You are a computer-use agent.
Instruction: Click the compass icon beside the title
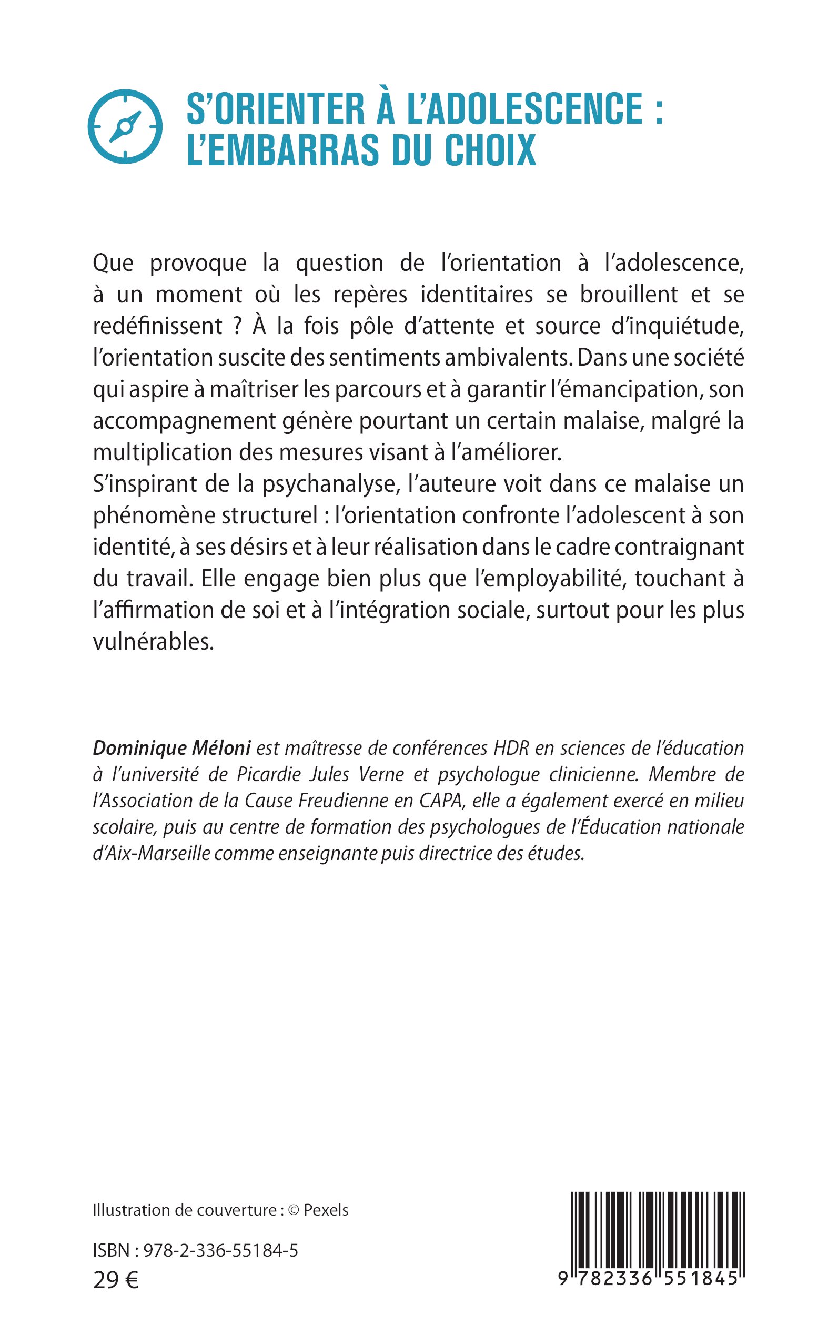click(125, 126)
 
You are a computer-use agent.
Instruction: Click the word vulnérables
click(153, 642)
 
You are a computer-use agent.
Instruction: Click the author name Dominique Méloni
click(172, 748)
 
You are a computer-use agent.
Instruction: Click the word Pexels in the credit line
click(326, 1210)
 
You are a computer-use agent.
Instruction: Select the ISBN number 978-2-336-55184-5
click(220, 1251)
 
